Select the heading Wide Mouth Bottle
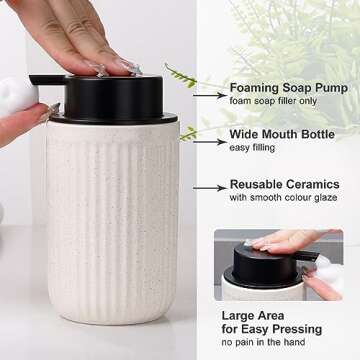click(283, 133)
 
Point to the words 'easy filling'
click(253, 148)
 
